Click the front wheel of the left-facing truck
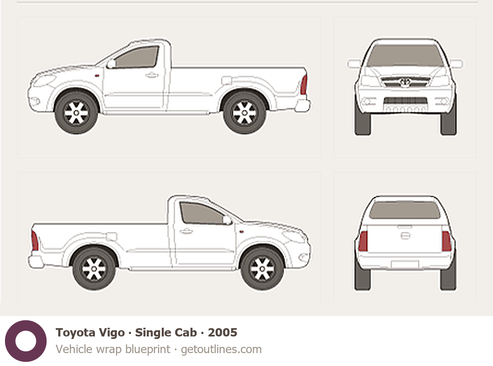[77, 112]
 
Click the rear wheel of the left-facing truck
[245, 112]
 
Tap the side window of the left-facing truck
[137, 57]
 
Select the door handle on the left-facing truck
[151, 75]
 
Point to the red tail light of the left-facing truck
[303, 84]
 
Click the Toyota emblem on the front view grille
[405, 82]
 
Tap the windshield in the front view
[405, 56]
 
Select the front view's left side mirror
[354, 64]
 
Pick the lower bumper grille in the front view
[405, 100]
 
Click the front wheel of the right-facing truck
[262, 269]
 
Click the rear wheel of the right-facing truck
[94, 269]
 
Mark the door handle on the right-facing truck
[186, 232]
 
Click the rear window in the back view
[405, 210]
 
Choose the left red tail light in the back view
[363, 241]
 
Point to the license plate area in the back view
[405, 265]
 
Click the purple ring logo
[26, 341]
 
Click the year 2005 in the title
[223, 332]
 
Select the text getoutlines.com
[221, 349]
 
